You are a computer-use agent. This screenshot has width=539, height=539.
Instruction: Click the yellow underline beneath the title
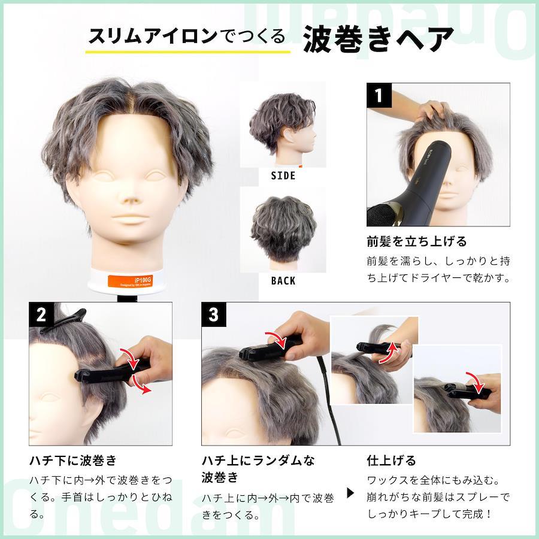[x=187, y=52]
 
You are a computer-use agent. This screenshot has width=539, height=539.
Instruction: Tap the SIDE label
[x=283, y=175]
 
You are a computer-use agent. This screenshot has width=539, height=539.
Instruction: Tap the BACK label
[x=283, y=281]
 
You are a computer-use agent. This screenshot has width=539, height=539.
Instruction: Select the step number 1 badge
[x=379, y=95]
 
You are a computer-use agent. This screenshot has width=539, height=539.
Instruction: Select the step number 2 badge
[x=41, y=314]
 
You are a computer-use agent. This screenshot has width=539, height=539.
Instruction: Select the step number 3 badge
[x=213, y=314]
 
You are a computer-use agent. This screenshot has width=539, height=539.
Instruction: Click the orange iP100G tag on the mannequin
[x=129, y=281]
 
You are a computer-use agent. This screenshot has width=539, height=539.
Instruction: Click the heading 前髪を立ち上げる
[x=417, y=241]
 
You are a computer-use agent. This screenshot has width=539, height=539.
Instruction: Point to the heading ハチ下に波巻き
[x=73, y=461]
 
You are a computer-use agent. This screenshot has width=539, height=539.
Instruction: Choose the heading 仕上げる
[x=392, y=460]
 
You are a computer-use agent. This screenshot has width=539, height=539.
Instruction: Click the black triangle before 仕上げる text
[x=350, y=493]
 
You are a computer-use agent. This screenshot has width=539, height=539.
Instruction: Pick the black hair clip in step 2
[x=63, y=321]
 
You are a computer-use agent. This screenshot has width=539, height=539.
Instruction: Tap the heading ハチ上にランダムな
[x=258, y=461]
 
